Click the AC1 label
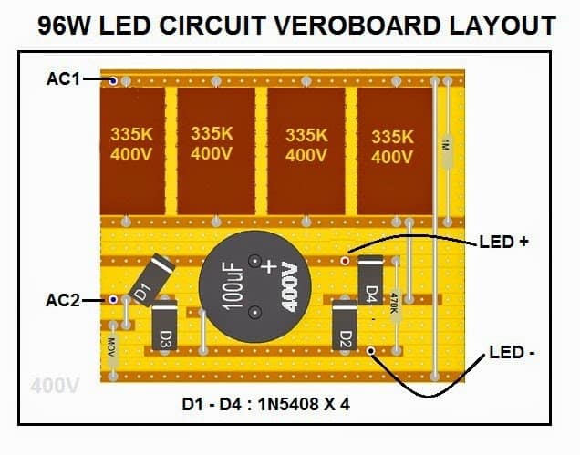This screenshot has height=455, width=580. tap(64, 79)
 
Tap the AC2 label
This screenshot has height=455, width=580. tap(64, 299)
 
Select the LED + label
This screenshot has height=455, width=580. tap(503, 243)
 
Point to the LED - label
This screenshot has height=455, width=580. tap(512, 352)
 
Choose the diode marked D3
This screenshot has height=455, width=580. tap(164, 326)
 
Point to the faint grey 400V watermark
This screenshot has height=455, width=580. tap(55, 386)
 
